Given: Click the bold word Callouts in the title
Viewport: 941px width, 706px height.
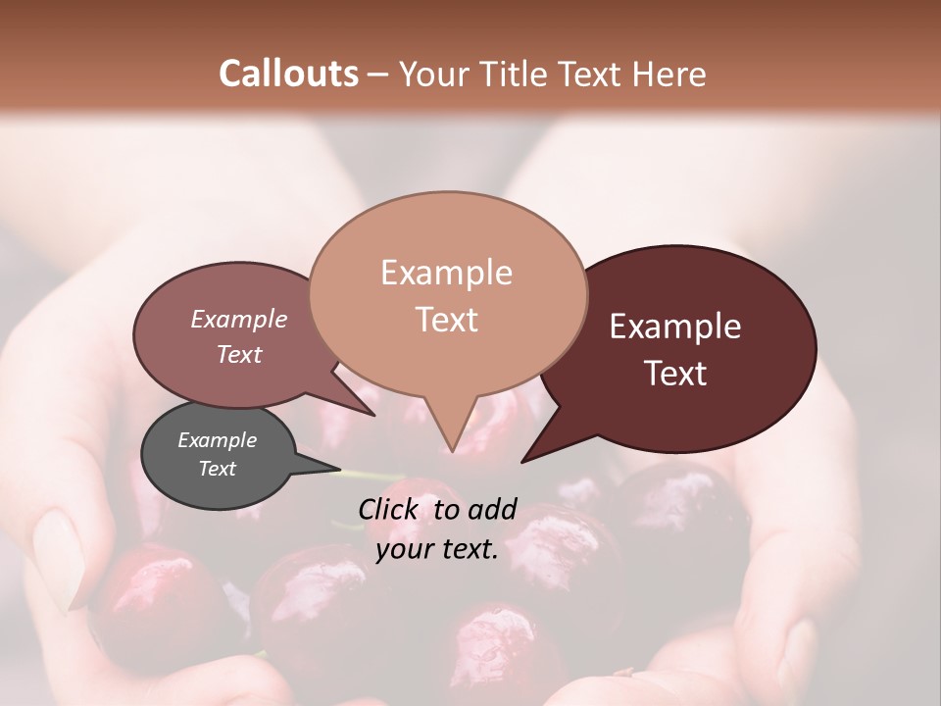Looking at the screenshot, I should (288, 74).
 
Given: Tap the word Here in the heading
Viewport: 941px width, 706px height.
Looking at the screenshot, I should (669, 74).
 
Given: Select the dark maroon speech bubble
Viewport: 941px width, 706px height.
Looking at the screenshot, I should (686, 349).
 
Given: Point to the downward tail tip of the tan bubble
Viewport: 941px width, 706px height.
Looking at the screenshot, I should (452, 451).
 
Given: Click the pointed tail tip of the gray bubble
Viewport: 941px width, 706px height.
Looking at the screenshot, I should (341, 470).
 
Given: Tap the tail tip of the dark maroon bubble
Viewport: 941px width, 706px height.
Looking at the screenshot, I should (521, 460).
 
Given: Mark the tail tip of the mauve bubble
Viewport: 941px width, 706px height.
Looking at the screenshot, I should (375, 415).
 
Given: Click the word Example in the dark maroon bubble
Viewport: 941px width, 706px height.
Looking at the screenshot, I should (675, 327).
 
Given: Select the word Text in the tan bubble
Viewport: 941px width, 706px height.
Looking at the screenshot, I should (447, 321).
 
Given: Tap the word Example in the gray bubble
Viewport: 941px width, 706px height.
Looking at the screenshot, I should (217, 440).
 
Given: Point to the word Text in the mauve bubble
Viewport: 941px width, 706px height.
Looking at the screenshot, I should (239, 355).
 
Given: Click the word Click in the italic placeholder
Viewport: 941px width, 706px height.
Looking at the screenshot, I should (389, 509).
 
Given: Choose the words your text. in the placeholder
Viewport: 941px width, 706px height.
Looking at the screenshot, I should (437, 550).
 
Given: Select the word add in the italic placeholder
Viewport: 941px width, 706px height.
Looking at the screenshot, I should (492, 509).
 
